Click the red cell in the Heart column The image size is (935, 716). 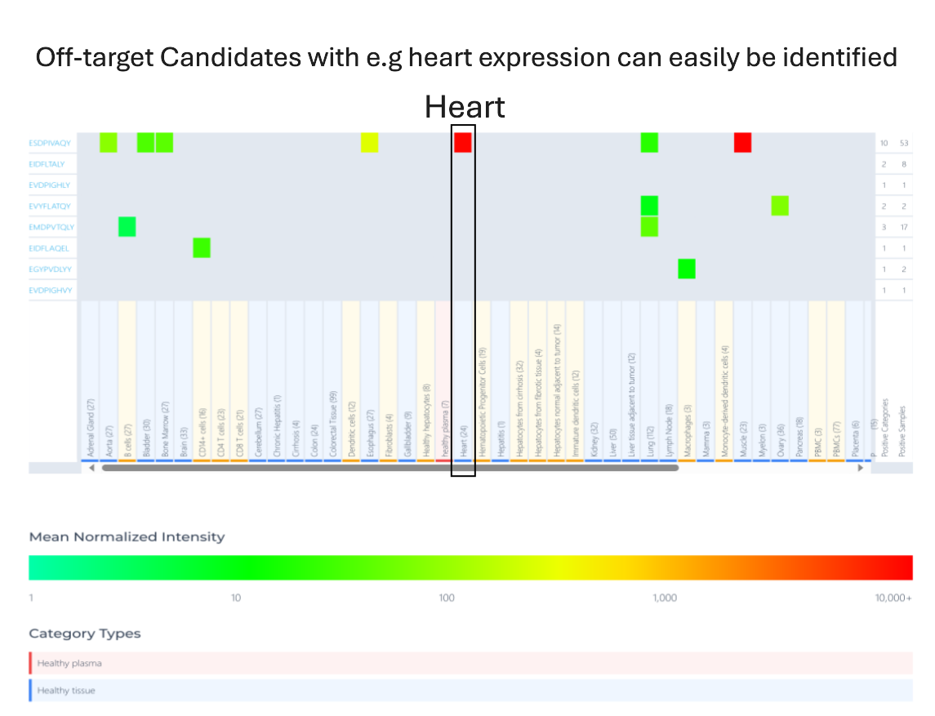[x=463, y=142]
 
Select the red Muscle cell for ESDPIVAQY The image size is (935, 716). [x=742, y=142]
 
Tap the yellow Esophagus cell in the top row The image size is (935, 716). [x=369, y=142]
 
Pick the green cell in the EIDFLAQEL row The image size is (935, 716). [x=202, y=247]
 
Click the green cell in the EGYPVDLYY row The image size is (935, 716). [x=687, y=268]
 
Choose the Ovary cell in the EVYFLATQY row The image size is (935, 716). [x=780, y=206]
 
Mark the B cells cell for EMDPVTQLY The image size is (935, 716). [x=127, y=226]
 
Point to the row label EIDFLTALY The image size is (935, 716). [x=47, y=164]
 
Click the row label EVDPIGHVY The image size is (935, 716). [x=51, y=290]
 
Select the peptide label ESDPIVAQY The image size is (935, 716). [x=50, y=143]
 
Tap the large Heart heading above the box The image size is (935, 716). [x=465, y=107]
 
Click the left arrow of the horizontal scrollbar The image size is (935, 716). [x=91, y=468]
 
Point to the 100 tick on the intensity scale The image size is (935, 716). [x=447, y=598]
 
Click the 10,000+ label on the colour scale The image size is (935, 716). [x=893, y=598]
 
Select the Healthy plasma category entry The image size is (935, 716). [x=69, y=663]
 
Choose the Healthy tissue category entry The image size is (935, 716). [x=66, y=690]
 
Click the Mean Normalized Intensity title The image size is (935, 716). [x=127, y=536]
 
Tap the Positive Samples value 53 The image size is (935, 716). [x=903, y=143]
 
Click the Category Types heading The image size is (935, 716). [x=85, y=634]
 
